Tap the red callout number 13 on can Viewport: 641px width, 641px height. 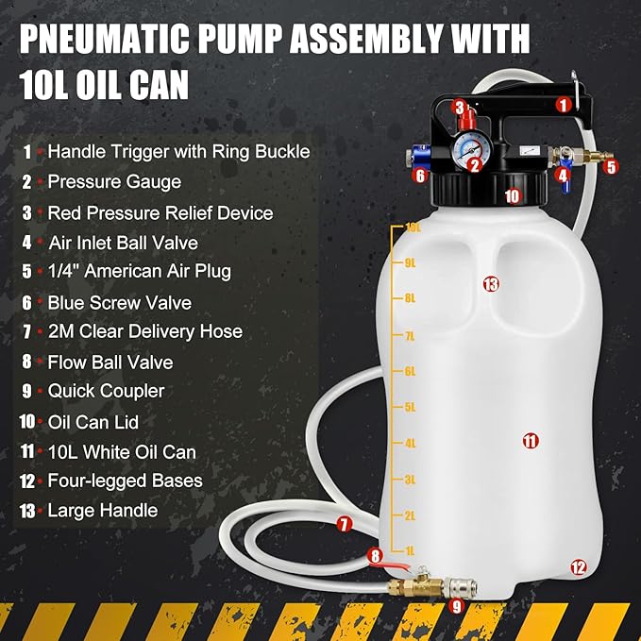pos(490,283)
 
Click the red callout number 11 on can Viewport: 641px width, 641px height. pos(530,440)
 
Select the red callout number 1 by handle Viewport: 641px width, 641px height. pos(563,106)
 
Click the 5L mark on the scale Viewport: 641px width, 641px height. pos(411,408)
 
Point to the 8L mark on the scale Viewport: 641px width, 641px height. pos(411,298)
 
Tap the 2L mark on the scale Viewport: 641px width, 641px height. pos(411,515)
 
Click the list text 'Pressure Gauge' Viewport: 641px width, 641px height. pos(114,181)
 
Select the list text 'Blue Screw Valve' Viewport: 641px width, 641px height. pos(119,302)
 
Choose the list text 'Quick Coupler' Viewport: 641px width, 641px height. pos(106,391)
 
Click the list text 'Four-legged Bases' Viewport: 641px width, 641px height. pos(125,481)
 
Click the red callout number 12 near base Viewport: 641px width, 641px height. pos(578,567)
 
